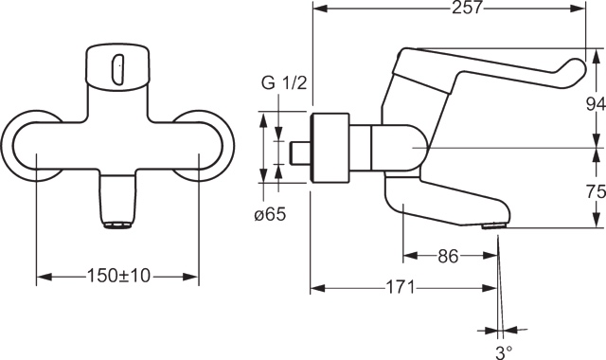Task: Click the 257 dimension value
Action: pyautogui.click(x=467, y=8)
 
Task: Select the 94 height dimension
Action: pyautogui.click(x=596, y=103)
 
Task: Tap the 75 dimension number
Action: pyautogui.click(x=596, y=191)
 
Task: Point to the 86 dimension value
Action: pyautogui.click(x=448, y=256)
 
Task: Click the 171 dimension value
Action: pyautogui.click(x=400, y=288)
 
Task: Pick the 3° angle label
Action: pyautogui.click(x=504, y=351)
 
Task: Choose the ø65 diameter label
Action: pyautogui.click(x=270, y=214)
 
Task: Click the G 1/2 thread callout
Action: pyautogui.click(x=284, y=82)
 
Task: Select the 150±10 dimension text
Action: pyautogui.click(x=118, y=276)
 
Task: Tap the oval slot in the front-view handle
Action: pyautogui.click(x=118, y=69)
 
